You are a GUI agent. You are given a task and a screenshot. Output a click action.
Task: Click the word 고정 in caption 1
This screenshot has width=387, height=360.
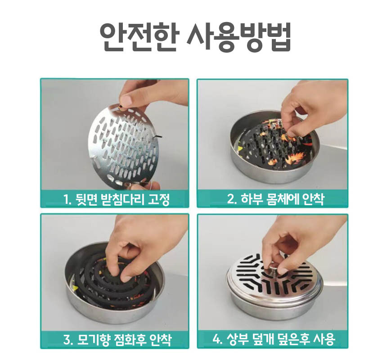(x=159, y=199)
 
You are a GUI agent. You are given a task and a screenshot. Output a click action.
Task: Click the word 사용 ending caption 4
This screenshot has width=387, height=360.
(x=324, y=339)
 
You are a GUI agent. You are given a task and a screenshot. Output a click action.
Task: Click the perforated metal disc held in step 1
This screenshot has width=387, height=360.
(x=123, y=145)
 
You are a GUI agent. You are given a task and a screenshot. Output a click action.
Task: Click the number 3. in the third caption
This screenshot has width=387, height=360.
(x=68, y=340)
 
